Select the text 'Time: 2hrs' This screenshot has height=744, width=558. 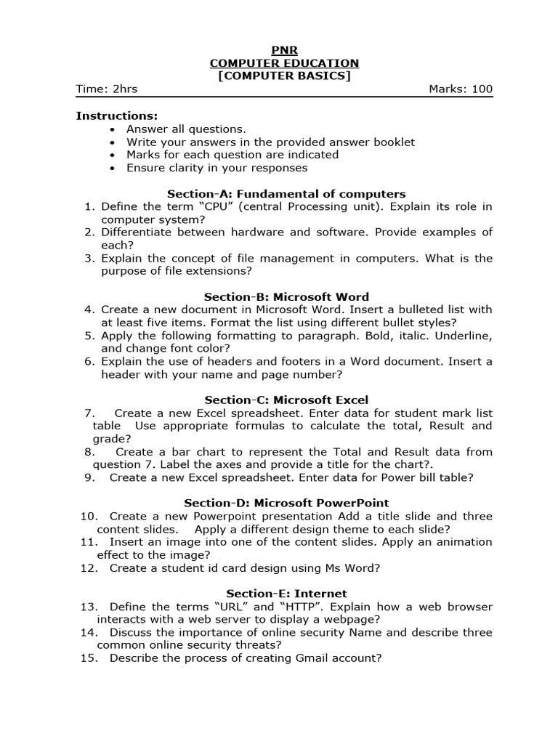[107, 89]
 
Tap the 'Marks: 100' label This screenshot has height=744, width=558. [461, 89]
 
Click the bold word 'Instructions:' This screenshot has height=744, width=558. [117, 116]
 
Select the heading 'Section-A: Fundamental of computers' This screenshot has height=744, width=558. [286, 194]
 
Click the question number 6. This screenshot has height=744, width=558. [89, 362]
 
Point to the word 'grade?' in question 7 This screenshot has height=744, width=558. [112, 439]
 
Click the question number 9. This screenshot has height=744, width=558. [89, 477]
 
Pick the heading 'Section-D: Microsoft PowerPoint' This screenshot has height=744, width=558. [286, 504]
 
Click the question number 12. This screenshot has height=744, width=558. [89, 568]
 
